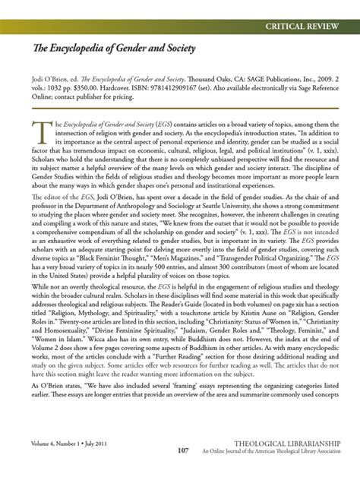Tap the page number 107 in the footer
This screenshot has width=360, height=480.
tap(182, 450)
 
